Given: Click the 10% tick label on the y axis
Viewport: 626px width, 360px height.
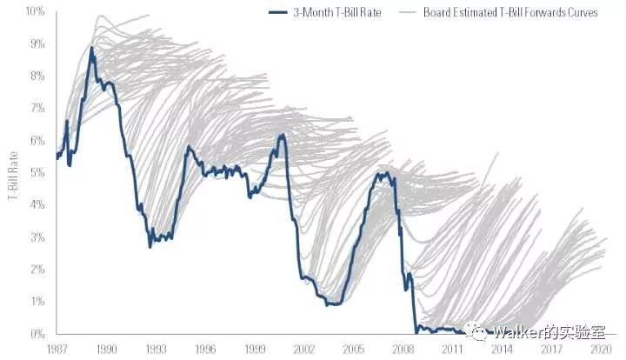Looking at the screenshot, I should (34, 11).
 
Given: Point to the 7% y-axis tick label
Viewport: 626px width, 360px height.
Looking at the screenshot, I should (37, 108).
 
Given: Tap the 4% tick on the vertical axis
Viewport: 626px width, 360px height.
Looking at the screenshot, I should (37, 204).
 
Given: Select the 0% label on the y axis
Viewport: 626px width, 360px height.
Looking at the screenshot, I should (37, 334).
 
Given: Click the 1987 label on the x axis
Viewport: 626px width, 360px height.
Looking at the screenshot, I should (57, 348).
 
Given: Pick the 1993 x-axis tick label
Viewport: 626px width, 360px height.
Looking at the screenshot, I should (156, 348).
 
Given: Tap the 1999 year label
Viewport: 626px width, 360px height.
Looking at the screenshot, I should (255, 348).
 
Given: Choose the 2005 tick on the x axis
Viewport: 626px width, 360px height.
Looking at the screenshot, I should (353, 348).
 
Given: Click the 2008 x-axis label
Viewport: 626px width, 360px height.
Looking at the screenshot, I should (403, 348).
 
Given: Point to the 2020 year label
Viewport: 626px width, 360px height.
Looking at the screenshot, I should (600, 348).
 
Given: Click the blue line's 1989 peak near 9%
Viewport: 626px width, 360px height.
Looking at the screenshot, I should (91, 48).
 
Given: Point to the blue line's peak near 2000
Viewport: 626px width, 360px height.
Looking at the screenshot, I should (281, 135).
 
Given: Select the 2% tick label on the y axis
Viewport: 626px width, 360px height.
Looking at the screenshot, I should (37, 270).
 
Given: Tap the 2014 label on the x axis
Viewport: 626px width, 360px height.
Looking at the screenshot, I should (501, 348).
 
